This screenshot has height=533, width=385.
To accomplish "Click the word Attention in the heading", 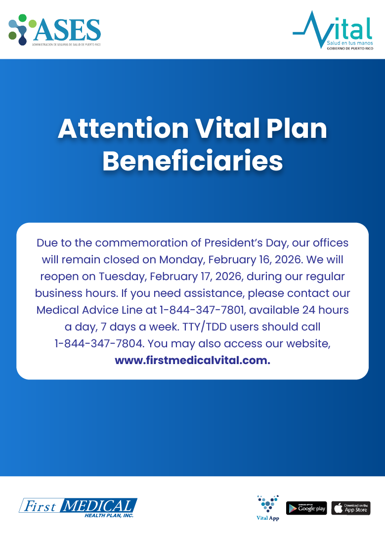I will click(x=123, y=129).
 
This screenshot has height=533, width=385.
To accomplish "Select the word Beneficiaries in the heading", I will click(x=193, y=161).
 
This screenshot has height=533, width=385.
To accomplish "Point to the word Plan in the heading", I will click(x=297, y=129).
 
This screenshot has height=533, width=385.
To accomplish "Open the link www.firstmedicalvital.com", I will click(x=193, y=361).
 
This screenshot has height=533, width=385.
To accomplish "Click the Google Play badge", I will click(x=306, y=508).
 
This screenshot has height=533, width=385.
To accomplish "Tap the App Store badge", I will click(x=351, y=508).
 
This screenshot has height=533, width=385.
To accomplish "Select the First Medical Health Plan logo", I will click(x=78, y=507).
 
